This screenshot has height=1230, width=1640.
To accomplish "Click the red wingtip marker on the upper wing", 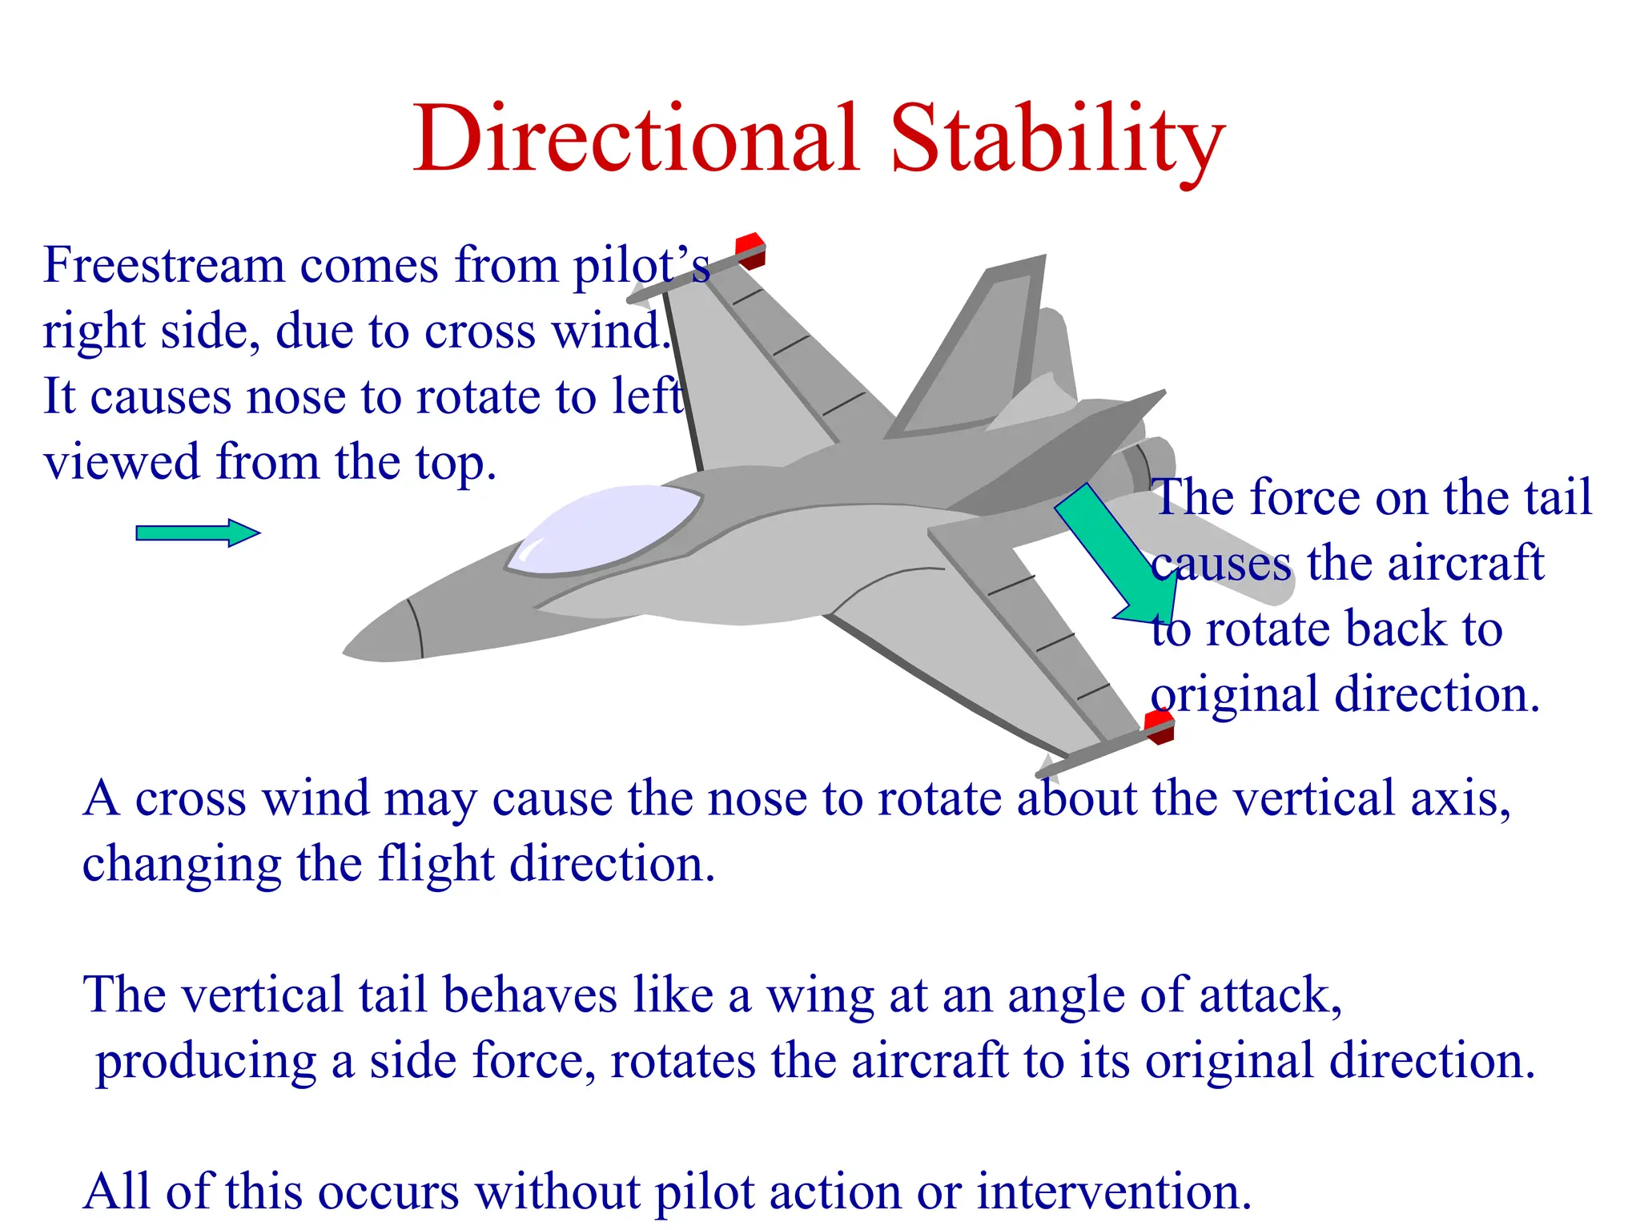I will point(751,248).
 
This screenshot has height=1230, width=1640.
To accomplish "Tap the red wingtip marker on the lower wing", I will point(1159,726).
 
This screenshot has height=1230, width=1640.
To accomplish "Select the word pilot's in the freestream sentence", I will point(641,266).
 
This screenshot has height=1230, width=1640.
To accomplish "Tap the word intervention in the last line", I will point(1113,1192).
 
